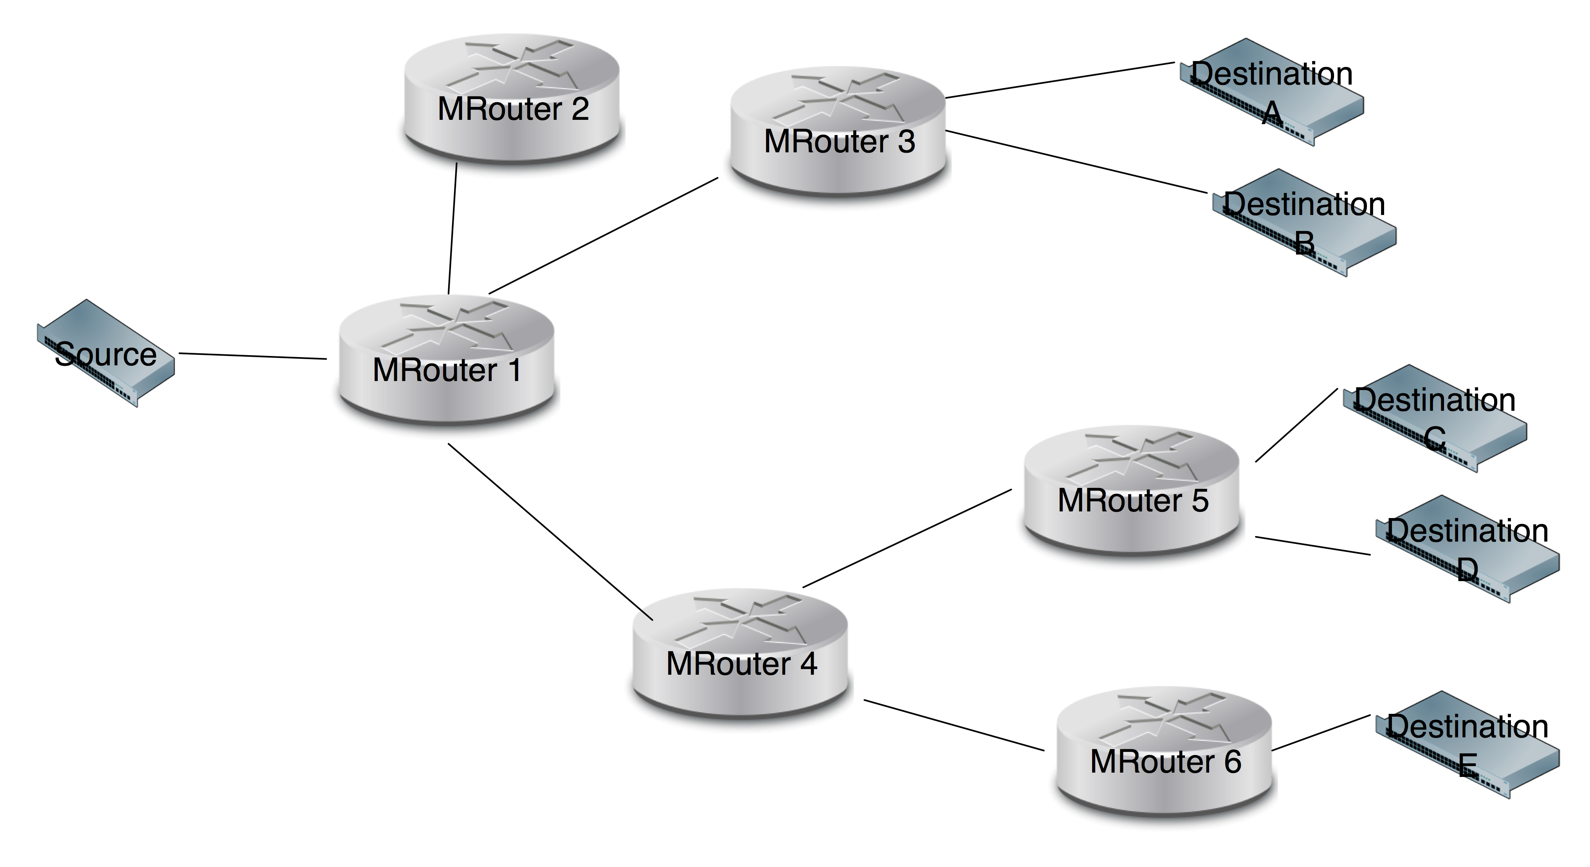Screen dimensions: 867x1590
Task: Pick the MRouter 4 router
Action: (x=740, y=653)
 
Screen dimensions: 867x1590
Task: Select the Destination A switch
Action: (x=1271, y=93)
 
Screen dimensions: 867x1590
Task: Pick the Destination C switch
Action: (x=1435, y=419)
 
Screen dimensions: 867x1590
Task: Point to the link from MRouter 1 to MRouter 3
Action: (x=603, y=236)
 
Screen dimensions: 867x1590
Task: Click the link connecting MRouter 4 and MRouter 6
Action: (x=954, y=725)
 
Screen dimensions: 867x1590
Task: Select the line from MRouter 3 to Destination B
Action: (x=1076, y=162)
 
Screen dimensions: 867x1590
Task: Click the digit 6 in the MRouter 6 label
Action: (x=1233, y=761)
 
